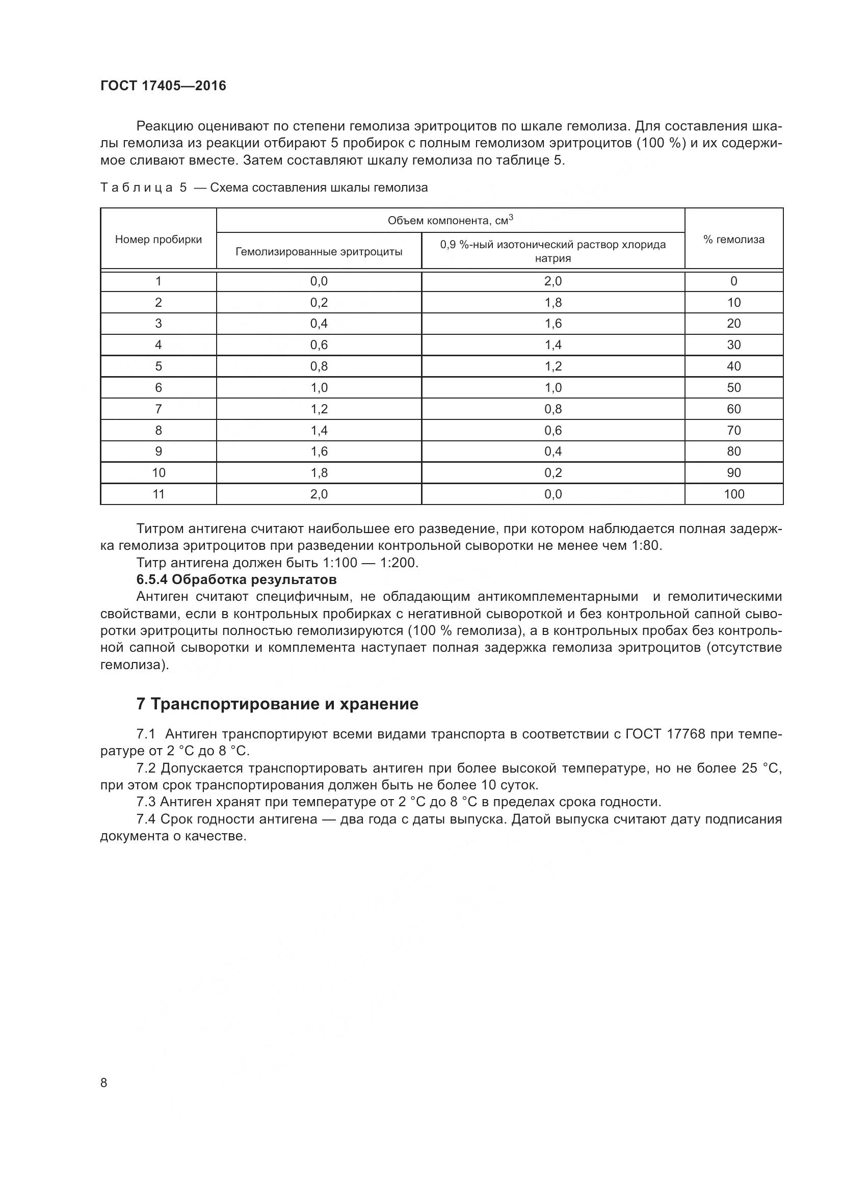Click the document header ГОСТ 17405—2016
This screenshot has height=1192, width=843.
click(163, 86)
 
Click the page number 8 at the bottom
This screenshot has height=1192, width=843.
click(104, 1082)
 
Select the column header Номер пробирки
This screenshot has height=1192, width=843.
click(159, 240)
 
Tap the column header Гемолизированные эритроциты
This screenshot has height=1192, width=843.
click(319, 252)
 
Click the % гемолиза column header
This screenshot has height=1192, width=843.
click(733, 240)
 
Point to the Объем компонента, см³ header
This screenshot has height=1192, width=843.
click(450, 221)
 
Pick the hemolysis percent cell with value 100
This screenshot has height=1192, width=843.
click(733, 494)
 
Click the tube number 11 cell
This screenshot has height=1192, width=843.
click(159, 494)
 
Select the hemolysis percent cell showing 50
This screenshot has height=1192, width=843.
click(733, 388)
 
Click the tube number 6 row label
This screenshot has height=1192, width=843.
click(159, 388)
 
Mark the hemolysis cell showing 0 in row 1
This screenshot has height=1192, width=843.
click(733, 281)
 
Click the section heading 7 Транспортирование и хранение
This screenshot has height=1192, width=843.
click(277, 704)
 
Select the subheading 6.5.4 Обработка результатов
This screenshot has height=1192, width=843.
click(236, 579)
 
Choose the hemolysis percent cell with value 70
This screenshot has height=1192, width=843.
click(733, 431)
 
